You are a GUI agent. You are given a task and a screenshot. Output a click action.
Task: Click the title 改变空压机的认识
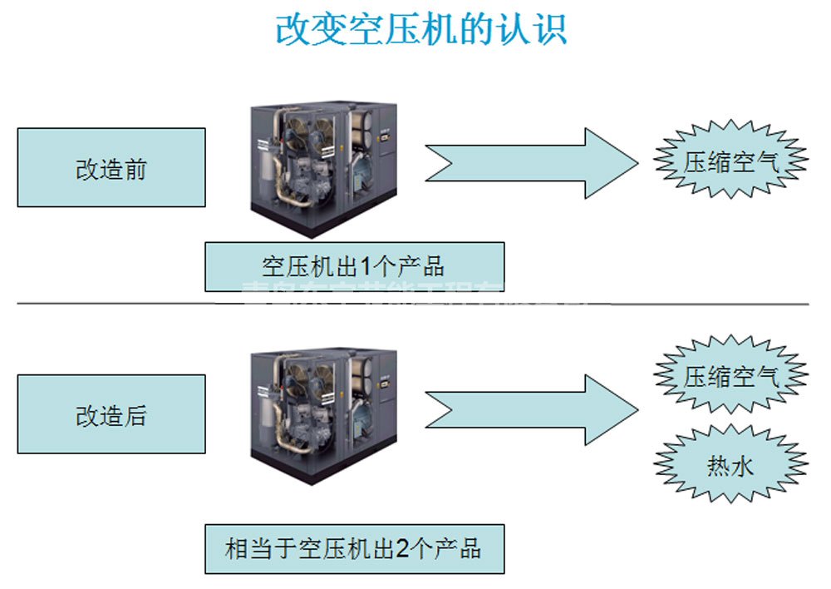[x=421, y=29]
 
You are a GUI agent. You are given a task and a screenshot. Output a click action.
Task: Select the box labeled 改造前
[x=111, y=167]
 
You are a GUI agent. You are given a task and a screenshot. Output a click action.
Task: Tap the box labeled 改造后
[x=111, y=414]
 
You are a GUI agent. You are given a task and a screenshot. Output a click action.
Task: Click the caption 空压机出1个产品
[x=354, y=267]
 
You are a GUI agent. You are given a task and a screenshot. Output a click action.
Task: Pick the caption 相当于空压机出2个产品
[x=354, y=549]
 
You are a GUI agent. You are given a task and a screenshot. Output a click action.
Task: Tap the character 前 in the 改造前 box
[x=135, y=168]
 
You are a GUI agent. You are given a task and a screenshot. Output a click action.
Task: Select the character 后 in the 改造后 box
[x=135, y=415]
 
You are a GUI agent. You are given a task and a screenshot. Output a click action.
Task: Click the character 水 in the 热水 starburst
[x=743, y=467]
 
